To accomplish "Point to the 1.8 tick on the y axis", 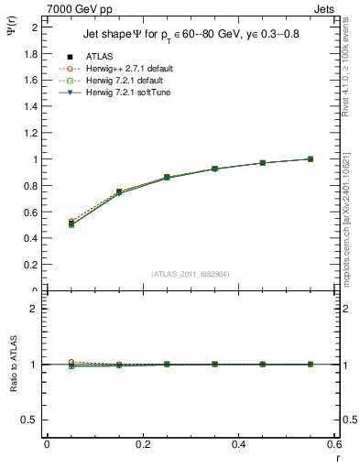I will point(29,54).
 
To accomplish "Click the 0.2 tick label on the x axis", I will point(142,443).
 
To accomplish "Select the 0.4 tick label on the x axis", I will point(238,443).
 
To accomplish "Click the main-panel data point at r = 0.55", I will point(310,159).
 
